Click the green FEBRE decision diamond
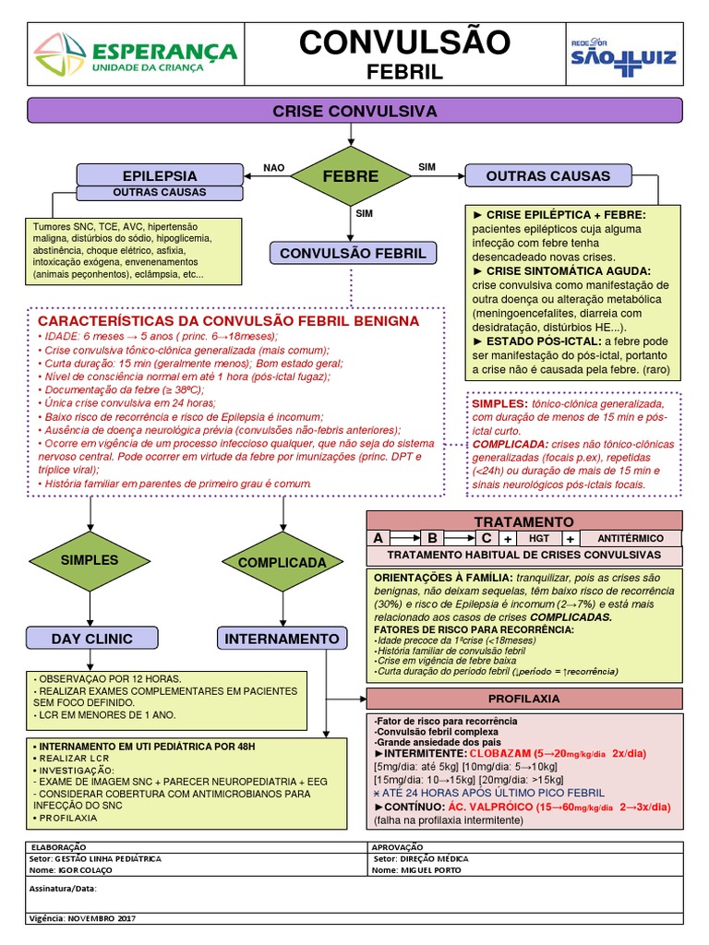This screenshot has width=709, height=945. [x=350, y=175]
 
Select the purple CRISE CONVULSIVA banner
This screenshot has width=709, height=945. [x=354, y=111]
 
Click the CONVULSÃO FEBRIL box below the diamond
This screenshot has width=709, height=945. [x=352, y=253]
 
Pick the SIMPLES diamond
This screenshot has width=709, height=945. [x=90, y=560]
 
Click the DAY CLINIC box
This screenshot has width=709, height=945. [x=91, y=638]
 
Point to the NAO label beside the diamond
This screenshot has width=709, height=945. [x=274, y=168]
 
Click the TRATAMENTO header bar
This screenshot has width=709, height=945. [x=524, y=521]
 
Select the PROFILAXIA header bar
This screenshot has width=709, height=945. [x=524, y=699]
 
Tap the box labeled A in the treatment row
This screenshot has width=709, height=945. [x=377, y=538]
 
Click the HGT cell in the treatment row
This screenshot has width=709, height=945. [x=538, y=538]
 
